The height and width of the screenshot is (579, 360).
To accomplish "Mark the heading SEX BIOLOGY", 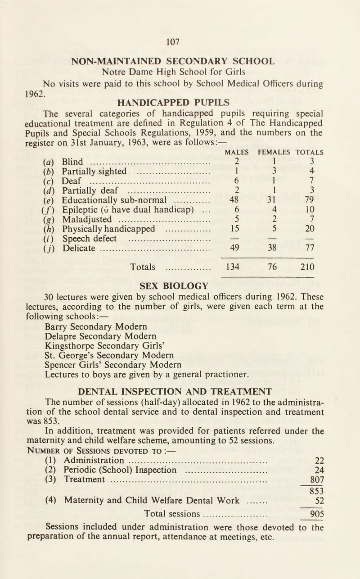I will [x=180, y=285].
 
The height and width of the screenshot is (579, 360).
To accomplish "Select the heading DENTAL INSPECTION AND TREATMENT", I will [x=180, y=390].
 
